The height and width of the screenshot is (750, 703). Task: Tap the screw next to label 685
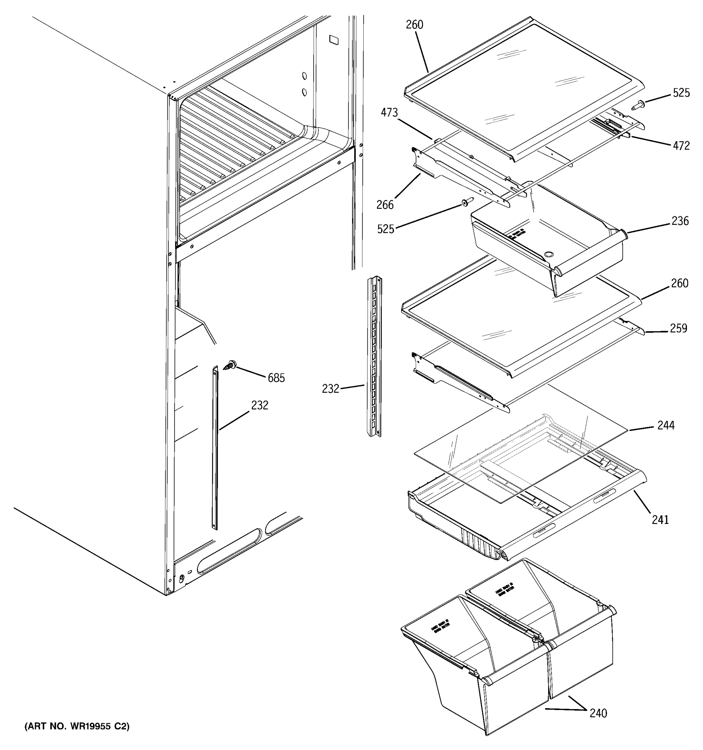click(x=229, y=365)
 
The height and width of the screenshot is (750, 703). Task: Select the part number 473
click(x=389, y=112)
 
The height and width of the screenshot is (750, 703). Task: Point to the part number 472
click(x=681, y=146)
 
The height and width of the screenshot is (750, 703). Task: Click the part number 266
click(x=385, y=205)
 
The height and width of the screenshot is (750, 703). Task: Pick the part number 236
click(x=680, y=221)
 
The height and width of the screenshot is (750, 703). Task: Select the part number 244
click(x=666, y=425)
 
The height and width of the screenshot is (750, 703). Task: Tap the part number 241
click(x=661, y=520)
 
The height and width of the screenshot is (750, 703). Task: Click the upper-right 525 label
click(x=681, y=93)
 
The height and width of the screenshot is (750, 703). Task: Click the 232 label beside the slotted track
click(x=330, y=388)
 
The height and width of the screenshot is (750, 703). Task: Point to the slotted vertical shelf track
click(x=375, y=357)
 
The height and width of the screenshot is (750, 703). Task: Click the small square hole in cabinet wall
click(x=334, y=40)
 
